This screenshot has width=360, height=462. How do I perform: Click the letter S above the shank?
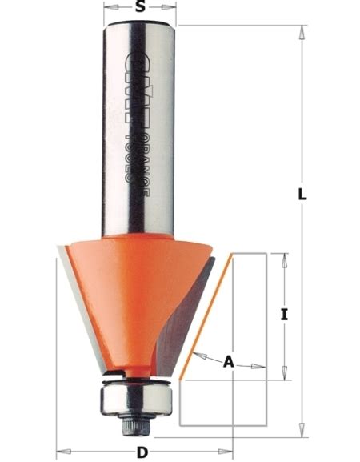140,8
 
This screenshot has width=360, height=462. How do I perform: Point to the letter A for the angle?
228,362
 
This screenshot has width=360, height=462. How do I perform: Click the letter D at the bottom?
141,452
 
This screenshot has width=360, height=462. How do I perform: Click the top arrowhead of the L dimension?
302,30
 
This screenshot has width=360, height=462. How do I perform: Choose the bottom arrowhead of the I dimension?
285,374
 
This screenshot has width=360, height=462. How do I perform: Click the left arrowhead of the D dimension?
61,451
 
